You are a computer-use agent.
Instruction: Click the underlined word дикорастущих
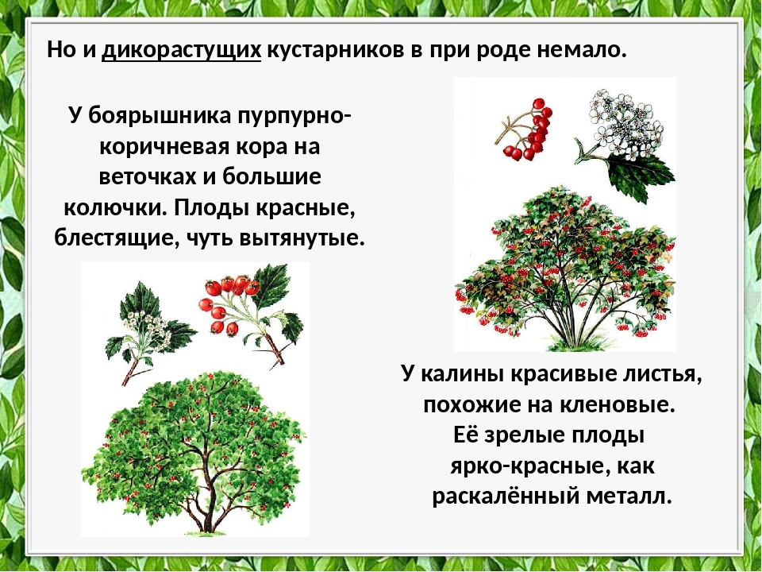181,50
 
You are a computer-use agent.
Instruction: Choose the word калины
457,373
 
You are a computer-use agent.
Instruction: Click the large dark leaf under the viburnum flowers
641,177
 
